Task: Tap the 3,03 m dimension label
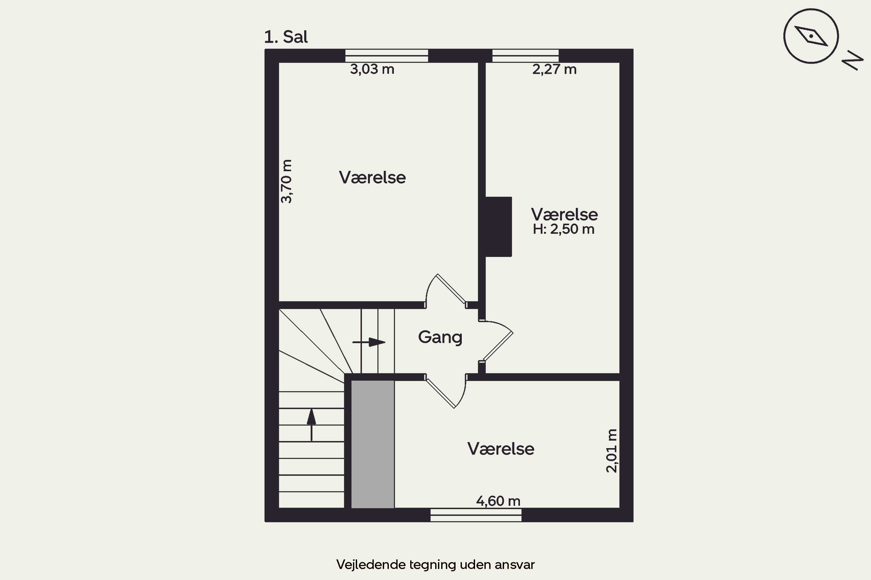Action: (x=372, y=69)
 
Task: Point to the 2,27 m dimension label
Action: (x=554, y=69)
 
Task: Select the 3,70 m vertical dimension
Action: (x=286, y=181)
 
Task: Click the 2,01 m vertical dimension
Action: (x=611, y=451)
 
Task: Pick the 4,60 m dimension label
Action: (x=498, y=501)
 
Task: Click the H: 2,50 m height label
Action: (x=563, y=229)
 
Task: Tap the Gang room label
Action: (x=440, y=337)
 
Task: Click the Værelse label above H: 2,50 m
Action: (x=564, y=214)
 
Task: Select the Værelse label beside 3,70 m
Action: (x=372, y=177)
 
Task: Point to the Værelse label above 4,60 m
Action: (x=501, y=449)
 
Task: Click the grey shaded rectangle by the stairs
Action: (x=372, y=444)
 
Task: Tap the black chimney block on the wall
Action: (x=499, y=226)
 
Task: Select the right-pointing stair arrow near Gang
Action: (x=369, y=342)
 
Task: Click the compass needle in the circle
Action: (x=811, y=36)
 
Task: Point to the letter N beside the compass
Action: (x=852, y=60)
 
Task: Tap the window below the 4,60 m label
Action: (x=476, y=515)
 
